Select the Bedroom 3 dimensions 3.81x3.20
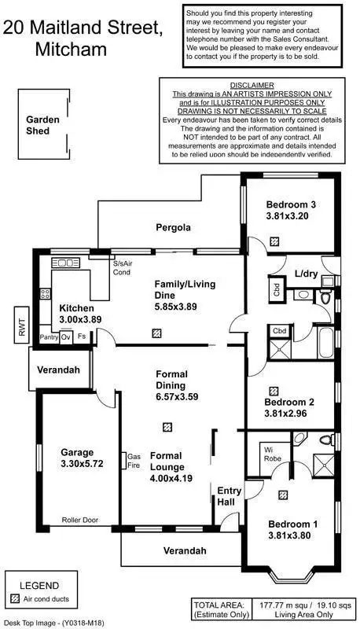(x=287, y=215)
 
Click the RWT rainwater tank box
(x=21, y=325)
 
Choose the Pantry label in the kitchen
(x=49, y=337)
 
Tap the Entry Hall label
(x=230, y=497)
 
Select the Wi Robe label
(x=272, y=454)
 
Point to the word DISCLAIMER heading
(x=252, y=85)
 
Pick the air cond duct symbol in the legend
(x=15, y=599)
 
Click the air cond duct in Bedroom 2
(x=274, y=390)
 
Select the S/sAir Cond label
(x=122, y=268)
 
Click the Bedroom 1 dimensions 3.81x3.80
(x=293, y=536)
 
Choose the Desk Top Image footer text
(x=53, y=622)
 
